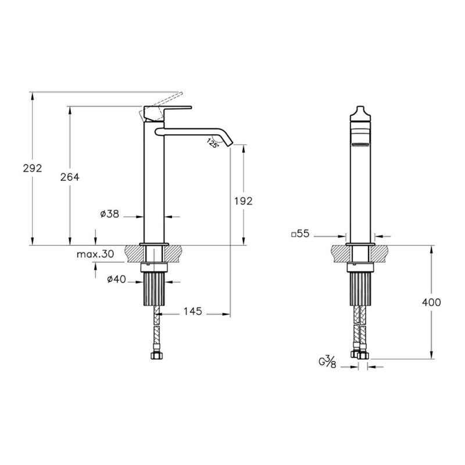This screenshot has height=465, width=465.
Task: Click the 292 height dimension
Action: click(x=33, y=168)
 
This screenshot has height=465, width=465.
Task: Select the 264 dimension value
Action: click(x=70, y=177)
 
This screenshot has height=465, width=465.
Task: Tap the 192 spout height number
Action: click(x=244, y=201)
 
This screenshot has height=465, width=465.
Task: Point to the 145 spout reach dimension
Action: click(x=193, y=311)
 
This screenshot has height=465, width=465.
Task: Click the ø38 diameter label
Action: click(x=110, y=213)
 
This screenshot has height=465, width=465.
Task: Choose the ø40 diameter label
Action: click(x=117, y=279)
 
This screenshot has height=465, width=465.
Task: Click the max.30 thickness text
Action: click(x=95, y=254)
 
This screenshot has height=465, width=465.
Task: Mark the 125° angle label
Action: click(x=213, y=143)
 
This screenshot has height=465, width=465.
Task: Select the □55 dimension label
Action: click(x=301, y=234)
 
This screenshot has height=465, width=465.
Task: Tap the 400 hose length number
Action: click(x=431, y=302)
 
